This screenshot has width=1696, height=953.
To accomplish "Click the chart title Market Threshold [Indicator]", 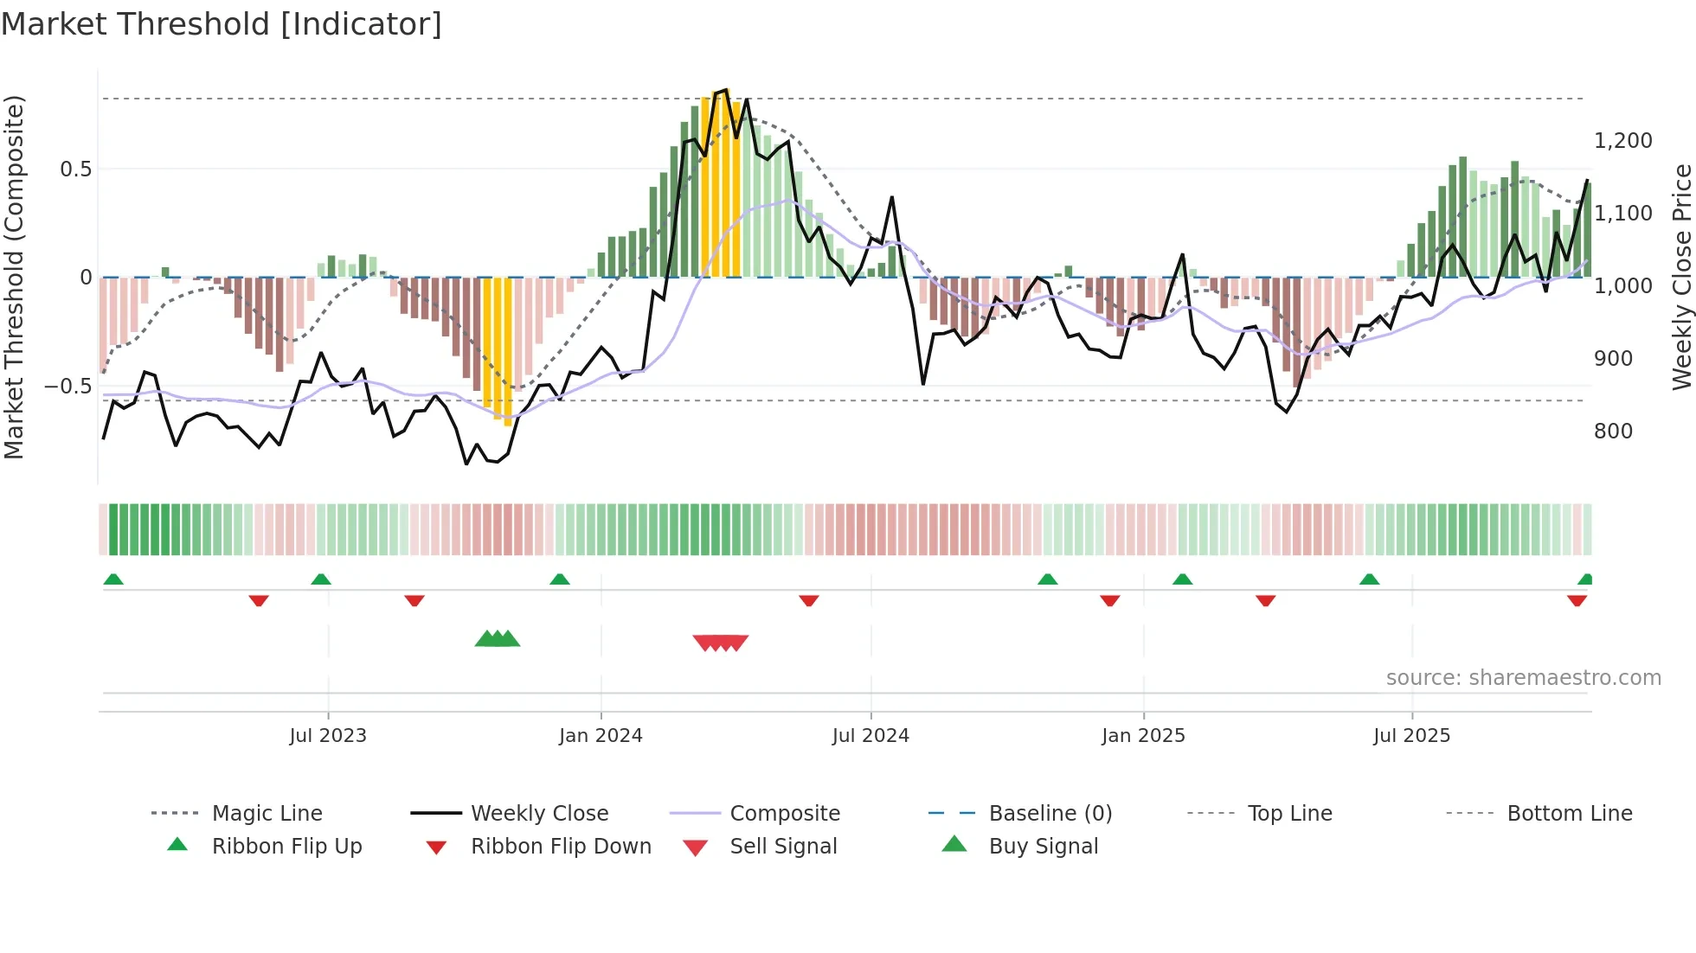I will tap(222, 24).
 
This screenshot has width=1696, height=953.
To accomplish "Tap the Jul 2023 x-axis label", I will tap(328, 736).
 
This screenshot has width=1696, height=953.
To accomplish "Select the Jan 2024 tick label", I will tap(601, 736).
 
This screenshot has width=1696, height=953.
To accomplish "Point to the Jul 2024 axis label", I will tap(870, 736).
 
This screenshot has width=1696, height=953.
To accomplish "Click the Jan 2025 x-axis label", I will tap(1143, 736).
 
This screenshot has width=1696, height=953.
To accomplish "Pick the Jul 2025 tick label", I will tap(1411, 736).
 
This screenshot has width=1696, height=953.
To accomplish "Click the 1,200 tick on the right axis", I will tap(1622, 140).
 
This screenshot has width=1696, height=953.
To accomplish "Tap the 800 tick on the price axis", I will tap(1613, 431).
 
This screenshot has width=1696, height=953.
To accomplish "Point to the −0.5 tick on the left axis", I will tap(68, 386).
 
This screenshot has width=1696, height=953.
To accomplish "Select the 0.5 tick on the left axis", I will tap(75, 169).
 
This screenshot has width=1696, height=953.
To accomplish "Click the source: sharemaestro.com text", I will tap(1523, 678).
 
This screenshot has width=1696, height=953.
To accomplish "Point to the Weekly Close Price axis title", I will tap(1681, 277).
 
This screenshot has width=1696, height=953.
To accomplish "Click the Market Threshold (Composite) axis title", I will tap(14, 277).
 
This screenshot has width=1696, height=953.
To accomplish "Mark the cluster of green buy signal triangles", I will tap(498, 639).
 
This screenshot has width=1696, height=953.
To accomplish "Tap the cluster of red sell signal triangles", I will tap(720, 643).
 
